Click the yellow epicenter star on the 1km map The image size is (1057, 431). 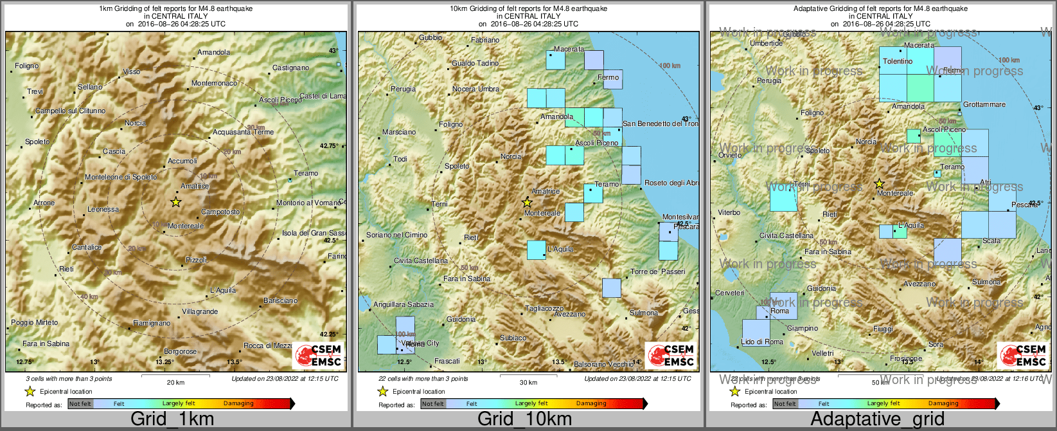coord(175,202)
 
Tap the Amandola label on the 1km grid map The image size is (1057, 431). coord(213,53)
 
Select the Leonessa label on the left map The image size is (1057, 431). coord(103,210)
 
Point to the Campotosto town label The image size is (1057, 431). coord(220,212)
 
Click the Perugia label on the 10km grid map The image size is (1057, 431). coord(403,89)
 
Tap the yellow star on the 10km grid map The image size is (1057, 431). coord(528,202)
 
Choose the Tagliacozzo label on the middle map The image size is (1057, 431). coord(544,309)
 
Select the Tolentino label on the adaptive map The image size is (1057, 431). coord(898,62)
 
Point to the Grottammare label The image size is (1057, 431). coord(984,105)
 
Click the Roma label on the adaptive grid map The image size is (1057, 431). coord(779,311)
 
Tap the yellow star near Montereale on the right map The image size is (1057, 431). coord(880,183)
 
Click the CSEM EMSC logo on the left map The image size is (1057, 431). coord(319,356)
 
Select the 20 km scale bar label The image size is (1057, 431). coord(175,382)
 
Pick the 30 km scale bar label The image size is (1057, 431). coord(528,382)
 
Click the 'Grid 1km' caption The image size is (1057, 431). coord(172,419)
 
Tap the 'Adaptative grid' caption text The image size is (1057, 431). coord(877,419)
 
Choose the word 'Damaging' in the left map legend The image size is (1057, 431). coord(238,404)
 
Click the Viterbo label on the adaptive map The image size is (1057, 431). coord(729,213)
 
